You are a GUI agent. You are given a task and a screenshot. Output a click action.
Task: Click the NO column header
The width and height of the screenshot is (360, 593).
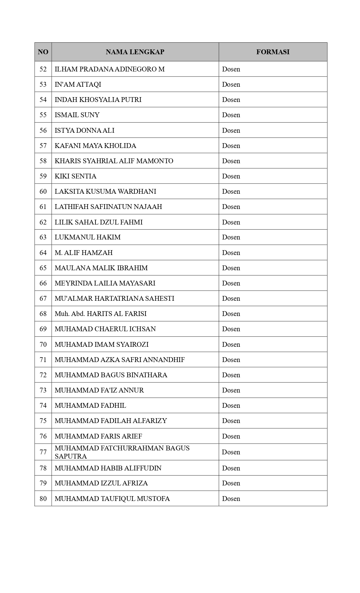click(43, 52)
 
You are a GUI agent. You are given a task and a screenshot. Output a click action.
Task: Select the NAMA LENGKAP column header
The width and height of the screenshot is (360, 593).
click(135, 52)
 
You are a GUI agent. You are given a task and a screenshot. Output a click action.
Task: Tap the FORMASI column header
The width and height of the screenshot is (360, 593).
click(273, 52)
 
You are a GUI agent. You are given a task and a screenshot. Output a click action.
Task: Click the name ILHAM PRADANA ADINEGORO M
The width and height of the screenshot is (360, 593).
click(110, 69)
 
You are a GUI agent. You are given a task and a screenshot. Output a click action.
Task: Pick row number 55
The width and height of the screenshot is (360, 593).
click(43, 115)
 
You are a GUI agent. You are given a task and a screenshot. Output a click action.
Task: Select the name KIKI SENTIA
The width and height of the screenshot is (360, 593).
click(75, 176)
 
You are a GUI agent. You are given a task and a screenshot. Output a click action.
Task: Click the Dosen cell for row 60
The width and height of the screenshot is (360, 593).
click(231, 191)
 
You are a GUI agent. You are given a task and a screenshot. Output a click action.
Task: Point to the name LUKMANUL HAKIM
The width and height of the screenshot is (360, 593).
click(88, 237)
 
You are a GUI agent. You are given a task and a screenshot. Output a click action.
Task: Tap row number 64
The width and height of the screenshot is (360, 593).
click(43, 253)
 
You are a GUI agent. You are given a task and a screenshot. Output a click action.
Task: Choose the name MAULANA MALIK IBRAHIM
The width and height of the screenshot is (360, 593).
click(101, 268)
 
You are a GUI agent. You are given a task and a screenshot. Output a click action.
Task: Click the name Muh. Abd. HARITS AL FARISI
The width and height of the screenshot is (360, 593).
click(101, 314)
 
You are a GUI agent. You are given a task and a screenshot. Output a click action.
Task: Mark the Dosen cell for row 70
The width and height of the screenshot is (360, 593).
click(231, 345)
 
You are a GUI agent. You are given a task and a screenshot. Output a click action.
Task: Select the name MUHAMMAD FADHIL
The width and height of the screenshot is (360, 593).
click(90, 405)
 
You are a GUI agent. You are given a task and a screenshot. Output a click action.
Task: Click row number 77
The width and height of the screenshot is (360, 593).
click(43, 452)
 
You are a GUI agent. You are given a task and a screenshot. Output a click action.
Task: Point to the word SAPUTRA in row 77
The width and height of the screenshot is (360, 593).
click(71, 456)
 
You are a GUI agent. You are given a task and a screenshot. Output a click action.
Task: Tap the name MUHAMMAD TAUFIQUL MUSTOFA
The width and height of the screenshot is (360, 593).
click(112, 499)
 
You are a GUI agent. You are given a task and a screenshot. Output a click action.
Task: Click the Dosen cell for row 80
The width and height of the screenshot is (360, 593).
click(231, 499)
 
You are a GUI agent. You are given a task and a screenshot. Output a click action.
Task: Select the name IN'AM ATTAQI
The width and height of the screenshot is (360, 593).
click(78, 84)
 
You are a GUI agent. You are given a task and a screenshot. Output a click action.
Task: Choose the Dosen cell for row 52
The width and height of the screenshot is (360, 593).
click(231, 69)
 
